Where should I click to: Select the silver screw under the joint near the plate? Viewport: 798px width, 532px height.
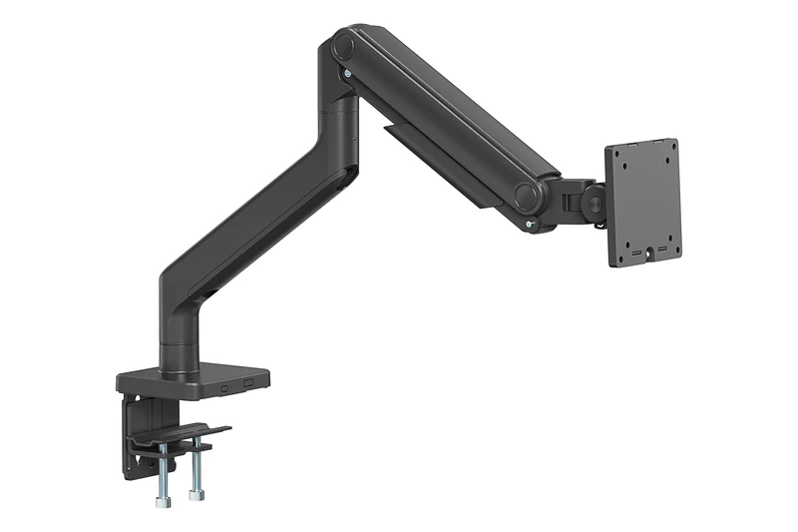click(x=530, y=225)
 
